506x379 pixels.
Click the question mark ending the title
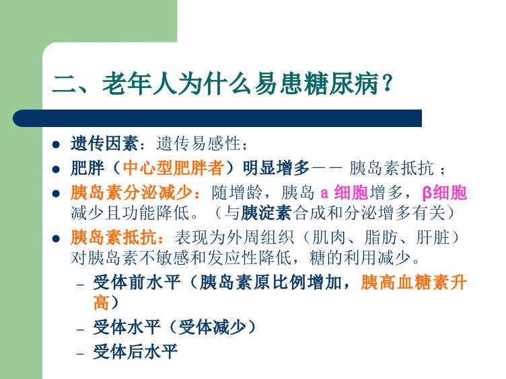pos(388,84)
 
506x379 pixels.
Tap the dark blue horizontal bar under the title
pos(217,118)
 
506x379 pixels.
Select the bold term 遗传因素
pos(104,143)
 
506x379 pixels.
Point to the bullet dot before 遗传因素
pos(56,144)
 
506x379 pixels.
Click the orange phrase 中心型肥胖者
pos(174,168)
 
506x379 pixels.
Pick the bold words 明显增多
pos(277,168)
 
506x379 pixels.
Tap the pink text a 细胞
pos(345,193)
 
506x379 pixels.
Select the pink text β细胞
pos(444,193)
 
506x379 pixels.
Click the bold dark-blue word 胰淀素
pos(266,213)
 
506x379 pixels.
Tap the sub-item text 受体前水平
pos(137,283)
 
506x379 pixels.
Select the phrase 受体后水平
pos(135,351)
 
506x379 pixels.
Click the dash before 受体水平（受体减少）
pos(80,330)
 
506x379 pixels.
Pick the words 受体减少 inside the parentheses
pos(212,327)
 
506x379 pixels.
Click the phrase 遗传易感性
pos(198,143)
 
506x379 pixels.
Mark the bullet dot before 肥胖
pos(56,169)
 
